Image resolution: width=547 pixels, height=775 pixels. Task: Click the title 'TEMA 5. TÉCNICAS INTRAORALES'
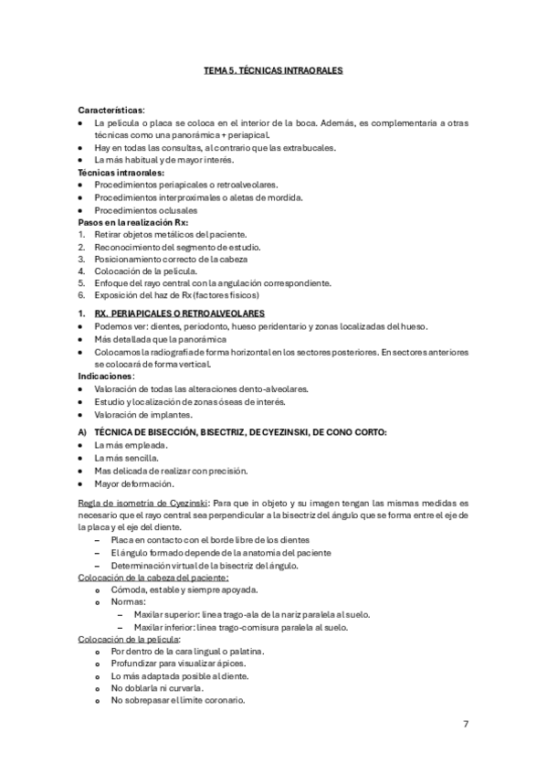(x=273, y=69)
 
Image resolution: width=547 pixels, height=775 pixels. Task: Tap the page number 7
(x=466, y=724)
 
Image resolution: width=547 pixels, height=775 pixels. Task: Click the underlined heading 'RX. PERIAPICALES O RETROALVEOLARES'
(x=179, y=313)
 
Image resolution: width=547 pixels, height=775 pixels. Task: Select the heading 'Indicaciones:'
(x=107, y=376)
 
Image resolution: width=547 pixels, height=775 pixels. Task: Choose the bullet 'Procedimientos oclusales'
(x=152, y=209)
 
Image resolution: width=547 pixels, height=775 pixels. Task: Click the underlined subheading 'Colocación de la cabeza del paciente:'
(x=153, y=578)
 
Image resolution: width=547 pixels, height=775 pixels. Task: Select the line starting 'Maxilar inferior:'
(x=240, y=628)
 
